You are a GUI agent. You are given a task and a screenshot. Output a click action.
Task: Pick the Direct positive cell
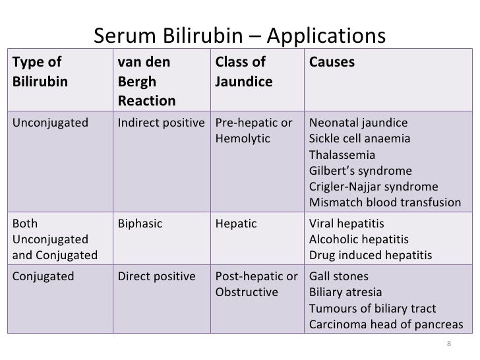click(156, 276)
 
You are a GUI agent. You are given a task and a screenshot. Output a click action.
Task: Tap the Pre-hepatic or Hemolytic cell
click(254, 131)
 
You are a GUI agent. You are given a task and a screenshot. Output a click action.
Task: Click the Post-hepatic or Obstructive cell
click(255, 284)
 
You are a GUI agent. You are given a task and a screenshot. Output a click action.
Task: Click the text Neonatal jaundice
click(358, 124)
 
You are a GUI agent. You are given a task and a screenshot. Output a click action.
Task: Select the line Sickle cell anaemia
click(359, 140)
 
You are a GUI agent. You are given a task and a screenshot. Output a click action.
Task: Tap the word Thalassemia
click(342, 156)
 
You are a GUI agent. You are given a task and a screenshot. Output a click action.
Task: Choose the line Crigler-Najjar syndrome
click(373, 187)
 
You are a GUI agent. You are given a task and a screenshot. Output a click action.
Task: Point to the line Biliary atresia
click(345, 292)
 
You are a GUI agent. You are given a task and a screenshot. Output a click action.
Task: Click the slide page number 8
click(448, 344)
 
